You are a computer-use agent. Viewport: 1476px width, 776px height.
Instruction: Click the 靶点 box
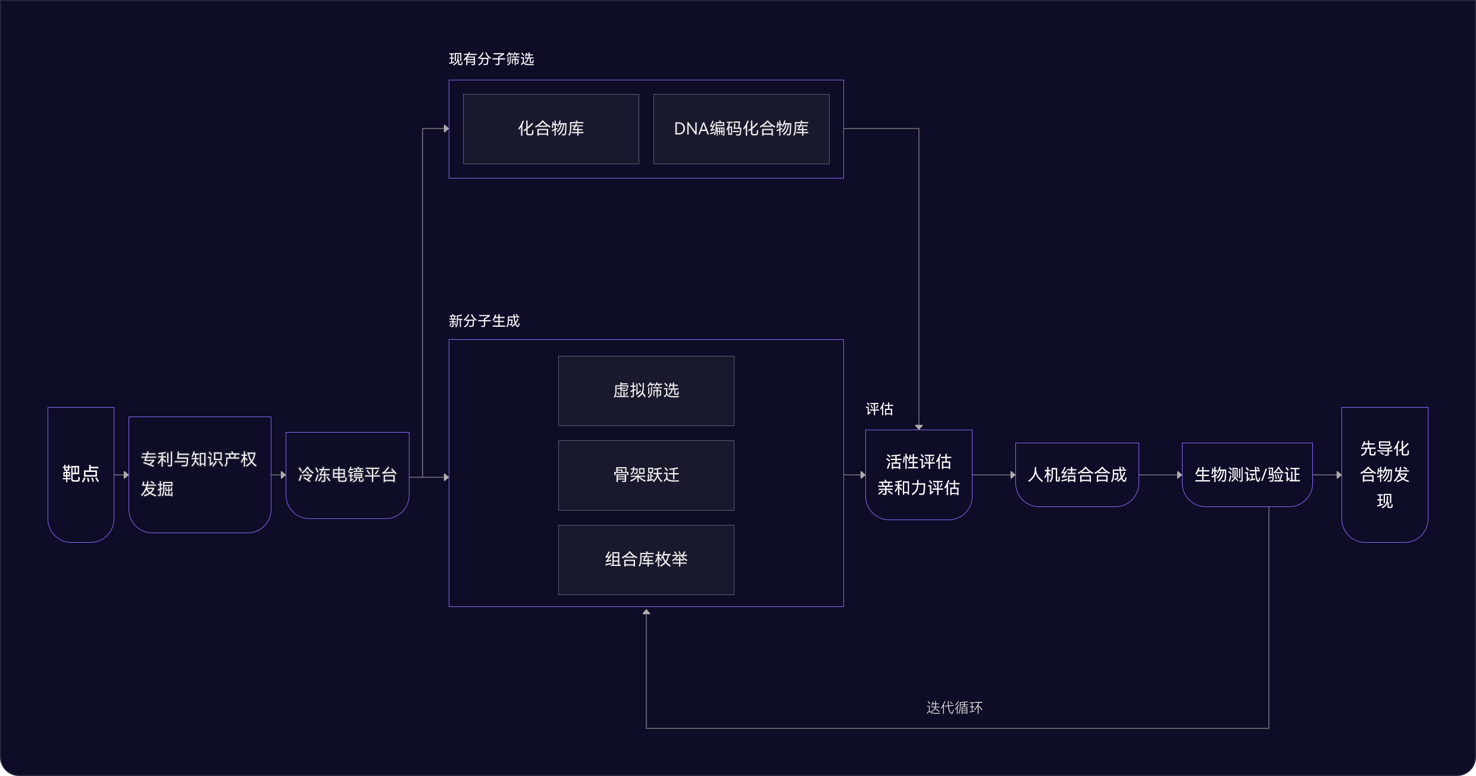pyautogui.click(x=81, y=474)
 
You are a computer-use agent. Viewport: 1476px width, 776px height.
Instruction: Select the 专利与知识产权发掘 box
pyautogui.click(x=199, y=474)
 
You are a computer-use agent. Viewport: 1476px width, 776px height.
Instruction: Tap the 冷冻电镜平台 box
pyautogui.click(x=348, y=475)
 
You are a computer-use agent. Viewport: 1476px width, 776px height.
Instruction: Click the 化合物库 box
pyautogui.click(x=551, y=129)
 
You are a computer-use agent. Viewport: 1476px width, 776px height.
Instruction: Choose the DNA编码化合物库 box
pyautogui.click(x=741, y=129)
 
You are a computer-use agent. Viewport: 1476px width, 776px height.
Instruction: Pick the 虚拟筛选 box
pyautogui.click(x=646, y=390)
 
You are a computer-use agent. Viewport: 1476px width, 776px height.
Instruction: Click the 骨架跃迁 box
pyautogui.click(x=646, y=475)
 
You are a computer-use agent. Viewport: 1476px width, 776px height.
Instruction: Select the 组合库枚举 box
pyautogui.click(x=646, y=559)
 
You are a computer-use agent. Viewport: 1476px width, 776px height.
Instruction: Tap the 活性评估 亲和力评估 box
pyautogui.click(x=918, y=474)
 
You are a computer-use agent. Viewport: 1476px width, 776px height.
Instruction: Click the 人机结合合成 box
pyautogui.click(x=1077, y=474)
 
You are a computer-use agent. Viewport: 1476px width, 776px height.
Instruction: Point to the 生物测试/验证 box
pyautogui.click(x=1247, y=474)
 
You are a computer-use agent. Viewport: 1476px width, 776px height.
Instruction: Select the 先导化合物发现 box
pyautogui.click(x=1384, y=474)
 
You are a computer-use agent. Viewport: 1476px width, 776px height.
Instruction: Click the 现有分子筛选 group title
pyautogui.click(x=491, y=59)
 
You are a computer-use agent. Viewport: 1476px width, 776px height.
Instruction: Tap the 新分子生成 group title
pyautogui.click(x=484, y=321)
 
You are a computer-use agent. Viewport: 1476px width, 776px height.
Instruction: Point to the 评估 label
pyautogui.click(x=879, y=409)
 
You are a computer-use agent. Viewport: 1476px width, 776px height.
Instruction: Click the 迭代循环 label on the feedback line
pyautogui.click(x=954, y=708)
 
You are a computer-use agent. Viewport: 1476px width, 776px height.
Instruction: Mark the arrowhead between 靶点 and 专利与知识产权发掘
pyautogui.click(x=126, y=475)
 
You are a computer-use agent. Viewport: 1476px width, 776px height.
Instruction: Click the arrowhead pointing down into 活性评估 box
pyautogui.click(x=919, y=427)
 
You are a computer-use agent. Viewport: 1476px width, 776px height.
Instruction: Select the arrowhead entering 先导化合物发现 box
pyautogui.click(x=1339, y=475)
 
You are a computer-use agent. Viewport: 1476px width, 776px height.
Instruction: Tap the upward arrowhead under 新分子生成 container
pyautogui.click(x=646, y=611)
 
